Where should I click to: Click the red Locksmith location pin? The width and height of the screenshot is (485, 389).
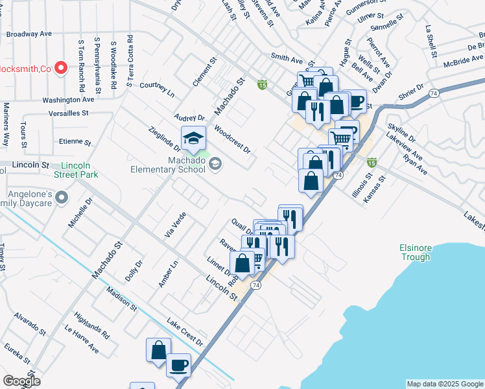click(x=61, y=67)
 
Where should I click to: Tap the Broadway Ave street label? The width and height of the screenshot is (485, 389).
click(x=29, y=34)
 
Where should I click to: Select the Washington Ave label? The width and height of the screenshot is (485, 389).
click(x=68, y=100)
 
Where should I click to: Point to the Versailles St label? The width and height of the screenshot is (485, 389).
click(x=68, y=113)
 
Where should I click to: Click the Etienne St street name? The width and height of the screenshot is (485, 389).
click(x=75, y=141)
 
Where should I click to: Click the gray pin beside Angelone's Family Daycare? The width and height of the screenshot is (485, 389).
click(x=62, y=196)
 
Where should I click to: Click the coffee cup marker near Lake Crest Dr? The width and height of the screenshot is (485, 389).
click(x=179, y=365)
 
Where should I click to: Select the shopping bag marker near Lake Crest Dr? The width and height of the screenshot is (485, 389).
click(x=158, y=350)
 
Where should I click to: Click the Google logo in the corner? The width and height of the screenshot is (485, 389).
click(x=21, y=381)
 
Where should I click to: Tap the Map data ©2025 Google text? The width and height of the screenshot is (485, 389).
click(x=445, y=384)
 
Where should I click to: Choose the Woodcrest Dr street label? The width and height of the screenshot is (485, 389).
click(x=231, y=139)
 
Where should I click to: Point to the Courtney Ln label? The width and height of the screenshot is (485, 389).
click(x=158, y=89)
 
